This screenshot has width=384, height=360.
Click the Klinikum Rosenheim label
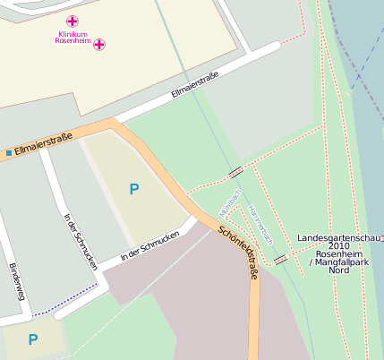point(74,38)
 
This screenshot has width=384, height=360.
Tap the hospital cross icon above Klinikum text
point(73,21)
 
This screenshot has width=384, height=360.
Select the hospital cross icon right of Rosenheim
point(99,43)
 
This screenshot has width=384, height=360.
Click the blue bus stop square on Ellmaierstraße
point(9,153)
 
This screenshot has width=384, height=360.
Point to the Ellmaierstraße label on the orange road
point(44,143)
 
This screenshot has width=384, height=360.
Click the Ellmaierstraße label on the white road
point(194,87)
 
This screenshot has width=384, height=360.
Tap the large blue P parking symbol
point(134,189)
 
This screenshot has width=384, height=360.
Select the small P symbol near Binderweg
point(33,339)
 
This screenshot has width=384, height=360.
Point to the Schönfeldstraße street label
point(238,253)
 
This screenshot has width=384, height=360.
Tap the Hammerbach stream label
point(260,224)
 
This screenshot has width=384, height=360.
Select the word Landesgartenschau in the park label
point(338,237)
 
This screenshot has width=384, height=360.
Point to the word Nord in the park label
point(339,270)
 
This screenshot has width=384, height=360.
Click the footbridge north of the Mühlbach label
point(236,171)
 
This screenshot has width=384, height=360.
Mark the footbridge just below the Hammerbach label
point(281,259)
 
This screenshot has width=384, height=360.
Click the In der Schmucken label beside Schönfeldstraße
point(149,245)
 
